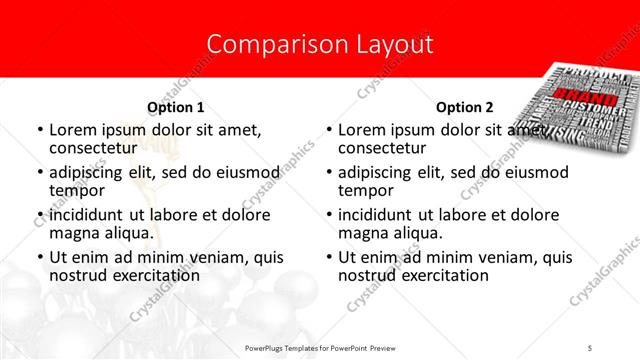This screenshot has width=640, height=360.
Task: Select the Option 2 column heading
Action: coord(464,107)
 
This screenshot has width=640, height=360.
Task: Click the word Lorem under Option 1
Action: coord(74,130)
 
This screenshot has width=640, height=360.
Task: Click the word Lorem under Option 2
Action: coord(363,130)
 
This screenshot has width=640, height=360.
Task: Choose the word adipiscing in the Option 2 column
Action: coord(377,172)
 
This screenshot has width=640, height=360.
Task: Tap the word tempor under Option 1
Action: coord(76,190)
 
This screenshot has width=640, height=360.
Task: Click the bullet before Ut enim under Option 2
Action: coord(329,257)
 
